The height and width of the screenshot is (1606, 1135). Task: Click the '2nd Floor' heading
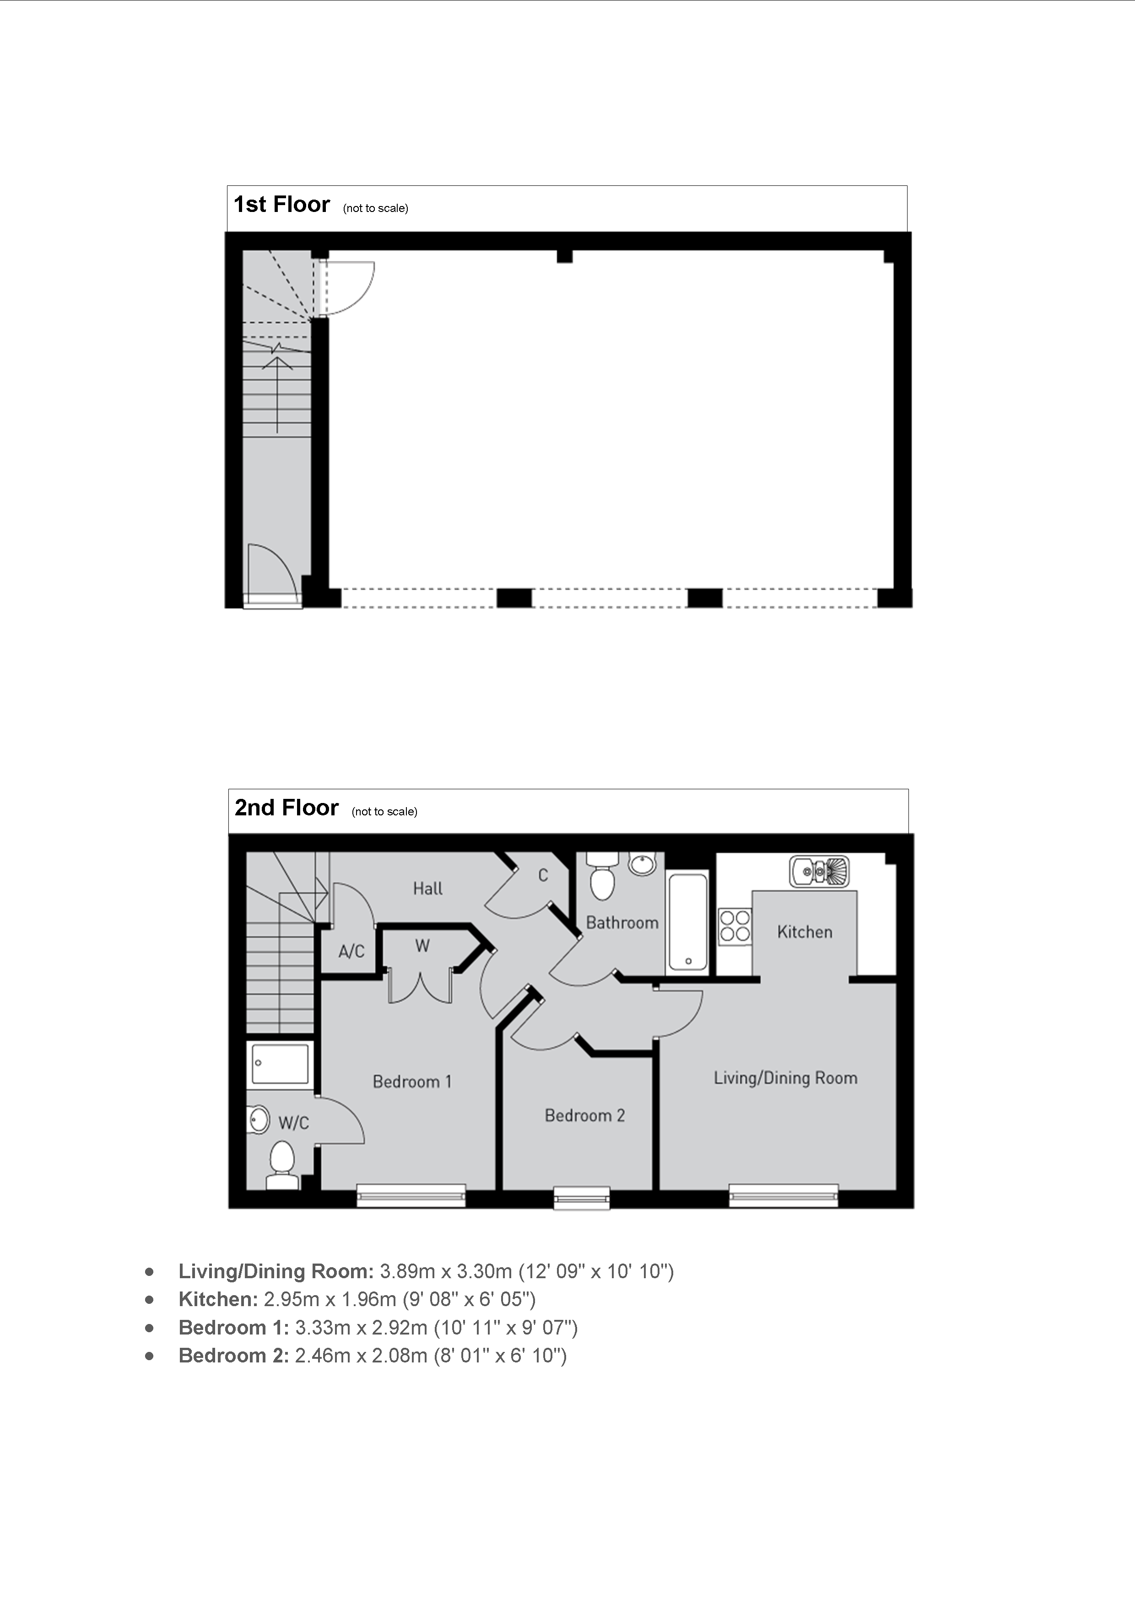(x=286, y=808)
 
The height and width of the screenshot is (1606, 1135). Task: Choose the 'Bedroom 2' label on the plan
(x=584, y=1116)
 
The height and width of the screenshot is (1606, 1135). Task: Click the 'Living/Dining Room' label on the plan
(x=785, y=1078)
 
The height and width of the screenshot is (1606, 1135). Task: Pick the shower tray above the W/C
(x=279, y=1064)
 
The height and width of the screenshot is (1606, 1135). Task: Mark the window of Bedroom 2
(x=581, y=1198)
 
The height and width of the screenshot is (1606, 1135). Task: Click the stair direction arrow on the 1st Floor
(x=278, y=394)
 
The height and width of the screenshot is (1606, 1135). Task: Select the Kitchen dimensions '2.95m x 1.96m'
(x=330, y=1300)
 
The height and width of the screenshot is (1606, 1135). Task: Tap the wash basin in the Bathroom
(x=643, y=864)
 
